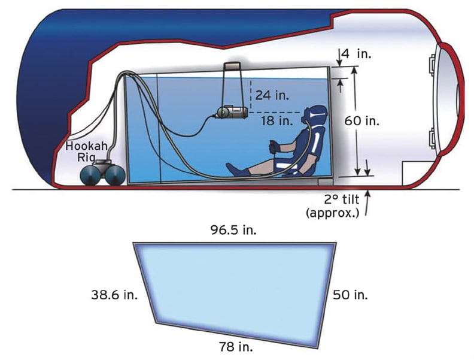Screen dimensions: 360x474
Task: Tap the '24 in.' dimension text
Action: (271, 95)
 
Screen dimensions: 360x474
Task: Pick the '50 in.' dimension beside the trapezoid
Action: (350, 295)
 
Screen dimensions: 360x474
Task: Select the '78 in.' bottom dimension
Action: (235, 346)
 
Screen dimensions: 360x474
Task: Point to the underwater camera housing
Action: (231, 111)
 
